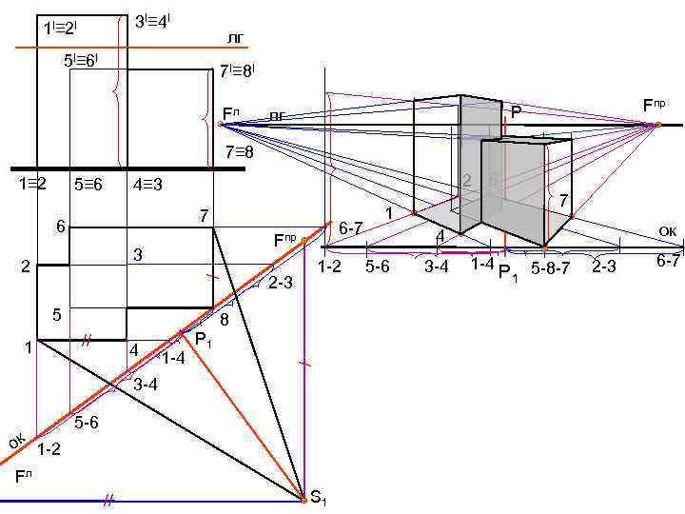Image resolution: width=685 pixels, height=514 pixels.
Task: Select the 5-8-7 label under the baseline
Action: [550, 267]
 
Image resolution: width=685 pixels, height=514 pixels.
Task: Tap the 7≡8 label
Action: [238, 151]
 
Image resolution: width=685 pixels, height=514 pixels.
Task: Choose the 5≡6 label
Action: [88, 184]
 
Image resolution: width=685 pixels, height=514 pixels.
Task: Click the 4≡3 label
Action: [147, 184]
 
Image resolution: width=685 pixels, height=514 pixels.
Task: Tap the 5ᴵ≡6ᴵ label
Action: [80, 60]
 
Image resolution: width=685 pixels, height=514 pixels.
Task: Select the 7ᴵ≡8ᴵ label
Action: [237, 71]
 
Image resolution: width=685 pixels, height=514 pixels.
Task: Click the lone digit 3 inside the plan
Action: [138, 255]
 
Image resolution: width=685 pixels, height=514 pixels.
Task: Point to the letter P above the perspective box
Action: [516, 112]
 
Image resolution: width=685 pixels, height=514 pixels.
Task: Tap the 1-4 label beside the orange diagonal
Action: [173, 359]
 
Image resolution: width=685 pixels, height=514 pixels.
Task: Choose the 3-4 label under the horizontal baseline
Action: [436, 267]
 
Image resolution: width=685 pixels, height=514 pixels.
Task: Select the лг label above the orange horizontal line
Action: [235, 37]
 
